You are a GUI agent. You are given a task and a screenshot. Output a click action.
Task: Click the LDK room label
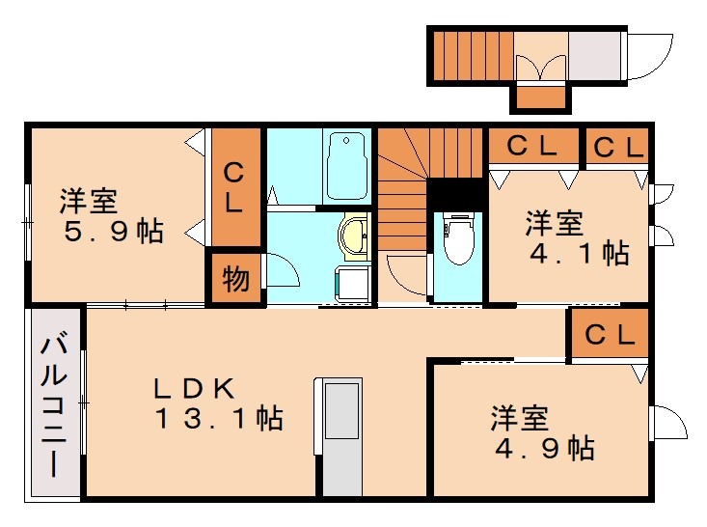196,388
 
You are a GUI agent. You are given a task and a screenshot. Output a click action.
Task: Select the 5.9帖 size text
114,232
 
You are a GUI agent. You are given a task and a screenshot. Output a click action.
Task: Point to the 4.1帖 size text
582,253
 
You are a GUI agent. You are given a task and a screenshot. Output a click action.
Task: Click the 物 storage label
236,279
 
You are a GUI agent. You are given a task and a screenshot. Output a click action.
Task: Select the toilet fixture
458,237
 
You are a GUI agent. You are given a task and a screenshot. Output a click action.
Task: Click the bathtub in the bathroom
346,165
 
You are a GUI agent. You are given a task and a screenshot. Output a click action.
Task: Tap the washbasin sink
354,234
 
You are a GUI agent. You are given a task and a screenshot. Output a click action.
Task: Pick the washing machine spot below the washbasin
351,283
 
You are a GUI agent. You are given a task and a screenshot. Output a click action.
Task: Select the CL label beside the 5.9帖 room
234,188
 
